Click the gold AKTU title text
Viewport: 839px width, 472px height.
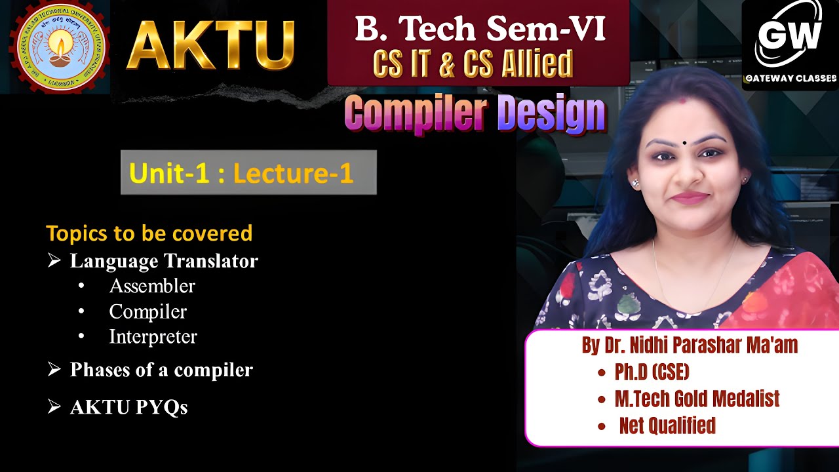[x=210, y=45]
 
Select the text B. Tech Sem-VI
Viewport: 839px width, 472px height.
[x=480, y=29]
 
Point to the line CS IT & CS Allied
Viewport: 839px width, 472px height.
[x=473, y=64]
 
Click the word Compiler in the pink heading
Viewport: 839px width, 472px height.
[x=416, y=113]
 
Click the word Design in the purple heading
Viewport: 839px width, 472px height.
[x=551, y=113]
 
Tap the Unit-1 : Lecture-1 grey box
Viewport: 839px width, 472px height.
[x=248, y=172]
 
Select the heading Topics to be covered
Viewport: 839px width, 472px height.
[x=149, y=233]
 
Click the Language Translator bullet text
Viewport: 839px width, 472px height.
[x=164, y=261]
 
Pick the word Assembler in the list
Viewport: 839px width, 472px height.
[x=152, y=286]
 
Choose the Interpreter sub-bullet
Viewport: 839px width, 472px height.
[x=153, y=337]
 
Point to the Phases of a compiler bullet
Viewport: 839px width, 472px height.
[x=161, y=370]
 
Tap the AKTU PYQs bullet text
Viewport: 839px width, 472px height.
[x=128, y=407]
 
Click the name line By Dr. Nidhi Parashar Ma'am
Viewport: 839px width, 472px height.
[x=690, y=345]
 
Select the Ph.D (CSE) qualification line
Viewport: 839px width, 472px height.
[x=652, y=372]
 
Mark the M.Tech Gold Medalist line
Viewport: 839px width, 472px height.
[x=697, y=399]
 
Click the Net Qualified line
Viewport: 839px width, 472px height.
[x=667, y=426]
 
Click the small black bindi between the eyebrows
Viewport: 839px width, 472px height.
[x=685, y=142]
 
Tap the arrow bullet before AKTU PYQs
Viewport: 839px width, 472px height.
[x=54, y=406]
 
